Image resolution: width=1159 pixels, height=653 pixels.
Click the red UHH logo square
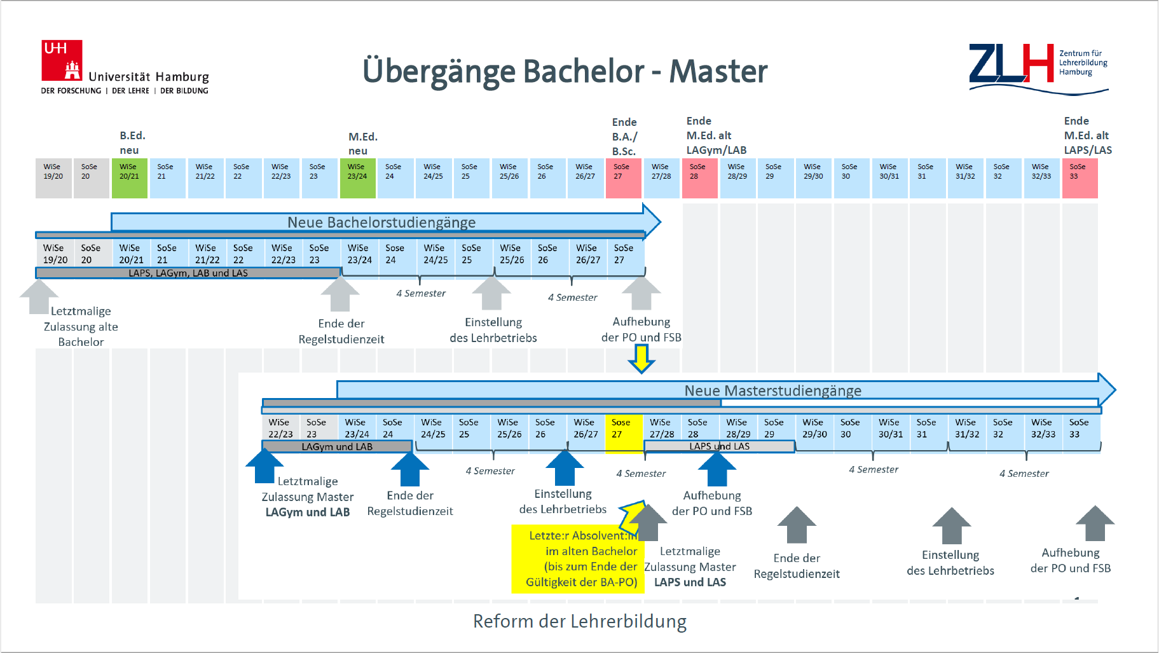coord(62,60)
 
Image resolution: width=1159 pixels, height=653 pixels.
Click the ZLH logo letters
coord(1010,64)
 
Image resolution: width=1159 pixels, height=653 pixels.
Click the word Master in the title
coord(718,71)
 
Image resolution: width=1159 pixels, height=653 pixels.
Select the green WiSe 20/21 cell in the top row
coord(130,178)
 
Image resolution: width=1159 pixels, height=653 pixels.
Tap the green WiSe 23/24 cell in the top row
coord(358,178)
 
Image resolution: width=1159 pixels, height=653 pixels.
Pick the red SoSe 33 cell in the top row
coord(1080,178)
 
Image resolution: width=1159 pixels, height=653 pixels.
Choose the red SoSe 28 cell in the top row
coord(699,178)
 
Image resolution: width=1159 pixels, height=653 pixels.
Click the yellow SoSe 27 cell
coord(623,433)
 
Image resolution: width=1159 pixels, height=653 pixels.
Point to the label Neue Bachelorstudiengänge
coord(381,222)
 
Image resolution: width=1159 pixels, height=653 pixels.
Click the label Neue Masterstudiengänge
coord(772,390)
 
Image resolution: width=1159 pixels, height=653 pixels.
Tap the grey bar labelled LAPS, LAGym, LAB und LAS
coord(188,273)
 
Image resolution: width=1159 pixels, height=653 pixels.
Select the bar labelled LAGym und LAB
coord(337,446)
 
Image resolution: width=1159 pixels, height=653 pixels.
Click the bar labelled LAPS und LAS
coord(719,446)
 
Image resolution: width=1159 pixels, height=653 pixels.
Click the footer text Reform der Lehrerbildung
coord(579,621)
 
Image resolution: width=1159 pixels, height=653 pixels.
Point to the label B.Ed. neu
coord(132,142)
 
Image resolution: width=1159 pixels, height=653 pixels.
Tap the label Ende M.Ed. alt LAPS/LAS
coord(1087,135)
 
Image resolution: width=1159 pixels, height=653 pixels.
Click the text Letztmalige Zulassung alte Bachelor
coord(81,326)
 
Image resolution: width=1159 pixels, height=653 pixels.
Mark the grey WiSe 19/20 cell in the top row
coord(53,178)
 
